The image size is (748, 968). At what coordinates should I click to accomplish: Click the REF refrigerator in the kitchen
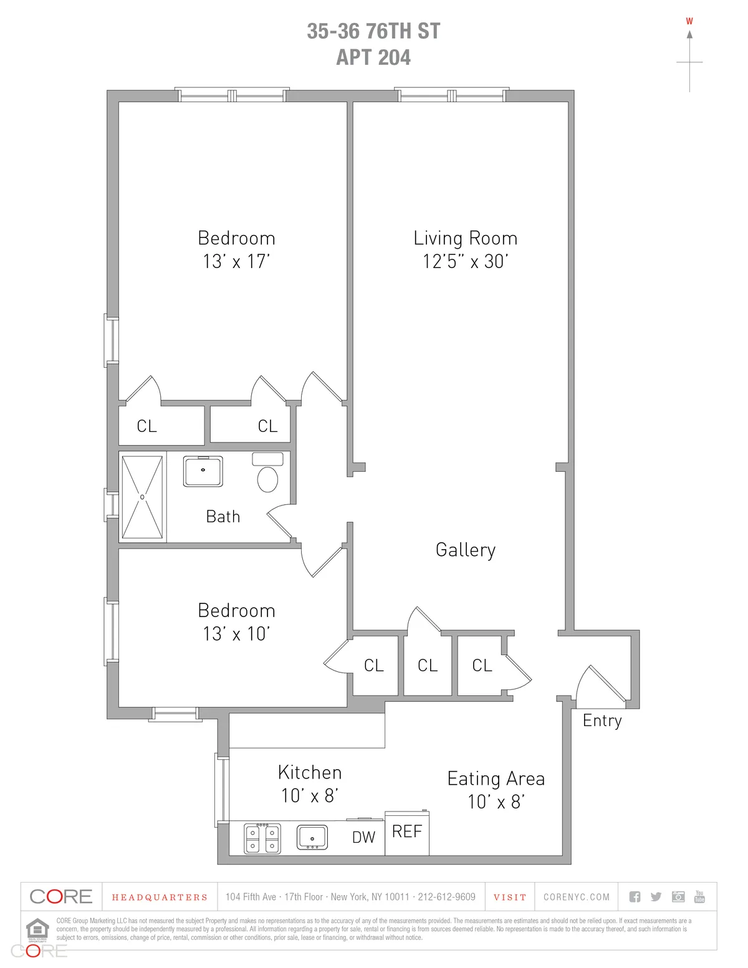tap(407, 833)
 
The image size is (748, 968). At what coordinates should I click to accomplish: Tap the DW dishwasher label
tap(363, 838)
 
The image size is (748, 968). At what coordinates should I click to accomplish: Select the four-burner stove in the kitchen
tap(262, 838)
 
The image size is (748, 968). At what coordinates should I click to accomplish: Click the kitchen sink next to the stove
tap(312, 837)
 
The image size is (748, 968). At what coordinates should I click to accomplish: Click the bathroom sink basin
tap(203, 471)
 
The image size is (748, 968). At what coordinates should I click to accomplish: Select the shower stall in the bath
tap(142, 497)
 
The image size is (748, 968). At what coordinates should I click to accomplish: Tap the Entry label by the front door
tap(602, 721)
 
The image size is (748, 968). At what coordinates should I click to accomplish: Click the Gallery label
tap(466, 550)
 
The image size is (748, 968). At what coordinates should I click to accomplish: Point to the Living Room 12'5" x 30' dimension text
tap(466, 261)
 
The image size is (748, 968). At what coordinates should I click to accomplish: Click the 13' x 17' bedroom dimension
tap(236, 261)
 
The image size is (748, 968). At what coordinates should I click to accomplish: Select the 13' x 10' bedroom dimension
tap(236, 634)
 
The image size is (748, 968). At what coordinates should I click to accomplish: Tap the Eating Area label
tap(496, 779)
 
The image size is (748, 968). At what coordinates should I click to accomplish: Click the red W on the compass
tap(689, 21)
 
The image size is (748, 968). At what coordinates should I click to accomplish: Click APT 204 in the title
tap(373, 57)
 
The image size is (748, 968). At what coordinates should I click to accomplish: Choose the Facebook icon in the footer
tap(635, 897)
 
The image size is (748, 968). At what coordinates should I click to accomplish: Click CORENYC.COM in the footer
tap(577, 897)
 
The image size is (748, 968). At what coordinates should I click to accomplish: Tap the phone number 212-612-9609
tap(446, 897)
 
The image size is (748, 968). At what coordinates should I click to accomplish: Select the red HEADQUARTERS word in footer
tap(160, 898)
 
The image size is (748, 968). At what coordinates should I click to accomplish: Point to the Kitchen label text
tap(310, 773)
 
